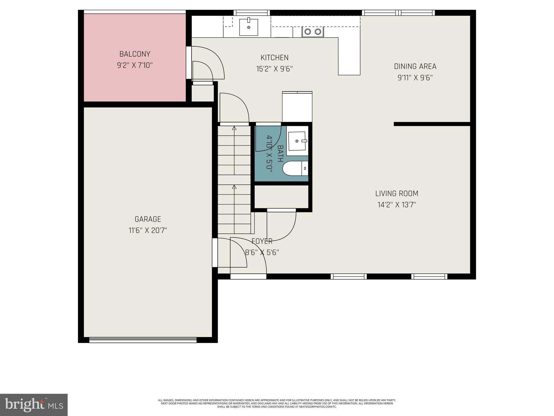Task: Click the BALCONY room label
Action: [135, 54]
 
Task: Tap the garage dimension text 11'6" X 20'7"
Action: [147, 230]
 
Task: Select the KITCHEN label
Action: [274, 58]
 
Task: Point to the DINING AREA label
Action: [415, 66]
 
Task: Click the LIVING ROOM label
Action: [397, 194]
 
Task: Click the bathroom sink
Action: [297, 141]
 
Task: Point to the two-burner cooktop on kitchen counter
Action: [313, 32]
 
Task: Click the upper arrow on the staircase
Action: [234, 128]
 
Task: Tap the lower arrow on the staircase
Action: [234, 187]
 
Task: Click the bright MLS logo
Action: [34, 405]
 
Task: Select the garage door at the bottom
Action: [143, 340]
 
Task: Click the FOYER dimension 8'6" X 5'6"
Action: [262, 253]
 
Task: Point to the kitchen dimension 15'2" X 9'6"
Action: [274, 69]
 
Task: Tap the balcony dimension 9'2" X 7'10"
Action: [135, 66]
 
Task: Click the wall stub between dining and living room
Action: [432, 124]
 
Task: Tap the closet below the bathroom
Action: [281, 197]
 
